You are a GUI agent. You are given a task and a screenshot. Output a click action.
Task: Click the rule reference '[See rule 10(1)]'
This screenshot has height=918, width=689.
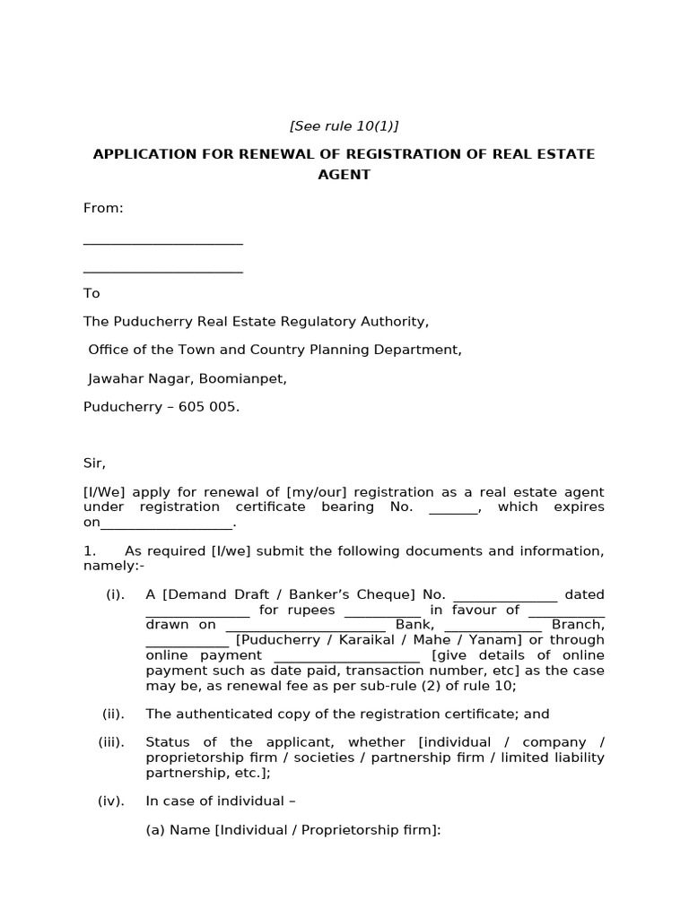(344, 126)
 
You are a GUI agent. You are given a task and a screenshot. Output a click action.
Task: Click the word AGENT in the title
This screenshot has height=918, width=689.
(344, 175)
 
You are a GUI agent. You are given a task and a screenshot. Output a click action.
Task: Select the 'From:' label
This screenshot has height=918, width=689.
(103, 208)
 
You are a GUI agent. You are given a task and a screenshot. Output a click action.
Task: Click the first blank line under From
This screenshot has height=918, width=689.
(162, 242)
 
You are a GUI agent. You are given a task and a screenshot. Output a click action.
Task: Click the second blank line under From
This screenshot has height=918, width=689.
(162, 270)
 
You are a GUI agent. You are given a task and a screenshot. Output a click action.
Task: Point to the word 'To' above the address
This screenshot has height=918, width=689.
(92, 293)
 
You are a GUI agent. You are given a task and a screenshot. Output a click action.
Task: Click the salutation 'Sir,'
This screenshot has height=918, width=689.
(94, 463)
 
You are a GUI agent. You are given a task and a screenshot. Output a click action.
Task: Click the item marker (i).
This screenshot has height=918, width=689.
(115, 594)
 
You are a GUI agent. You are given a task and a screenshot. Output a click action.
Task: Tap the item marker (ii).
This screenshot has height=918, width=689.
(113, 714)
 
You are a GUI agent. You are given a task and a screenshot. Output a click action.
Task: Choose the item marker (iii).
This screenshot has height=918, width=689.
(111, 742)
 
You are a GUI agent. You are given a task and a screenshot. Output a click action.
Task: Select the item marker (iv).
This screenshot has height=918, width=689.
(111, 801)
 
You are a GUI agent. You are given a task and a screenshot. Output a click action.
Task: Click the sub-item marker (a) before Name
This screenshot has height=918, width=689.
(155, 830)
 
